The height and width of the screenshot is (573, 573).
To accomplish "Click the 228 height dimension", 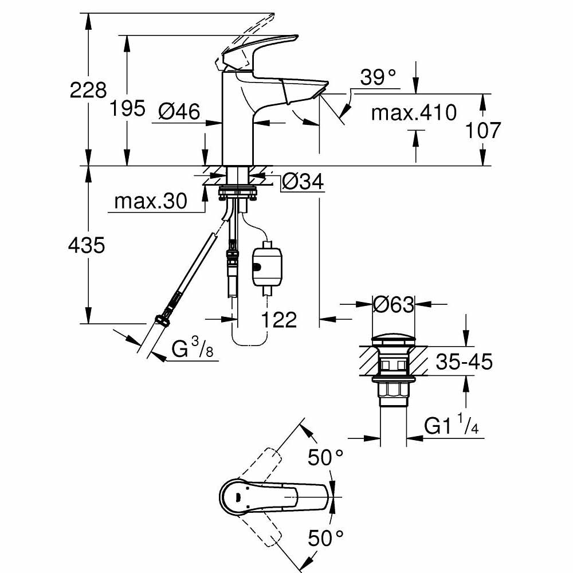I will (88, 90).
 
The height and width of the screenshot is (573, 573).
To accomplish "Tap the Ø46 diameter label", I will (179, 112).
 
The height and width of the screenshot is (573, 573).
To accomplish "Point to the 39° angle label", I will (379, 77).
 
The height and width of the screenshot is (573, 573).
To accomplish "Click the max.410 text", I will (414, 112).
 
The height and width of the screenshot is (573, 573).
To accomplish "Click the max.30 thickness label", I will (151, 201).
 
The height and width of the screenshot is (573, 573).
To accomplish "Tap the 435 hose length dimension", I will (87, 246).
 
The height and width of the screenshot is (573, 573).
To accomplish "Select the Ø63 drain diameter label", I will (393, 305).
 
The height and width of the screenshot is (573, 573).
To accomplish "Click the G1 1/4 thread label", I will (452, 426).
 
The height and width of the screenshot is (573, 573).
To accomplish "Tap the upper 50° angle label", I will (325, 457).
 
